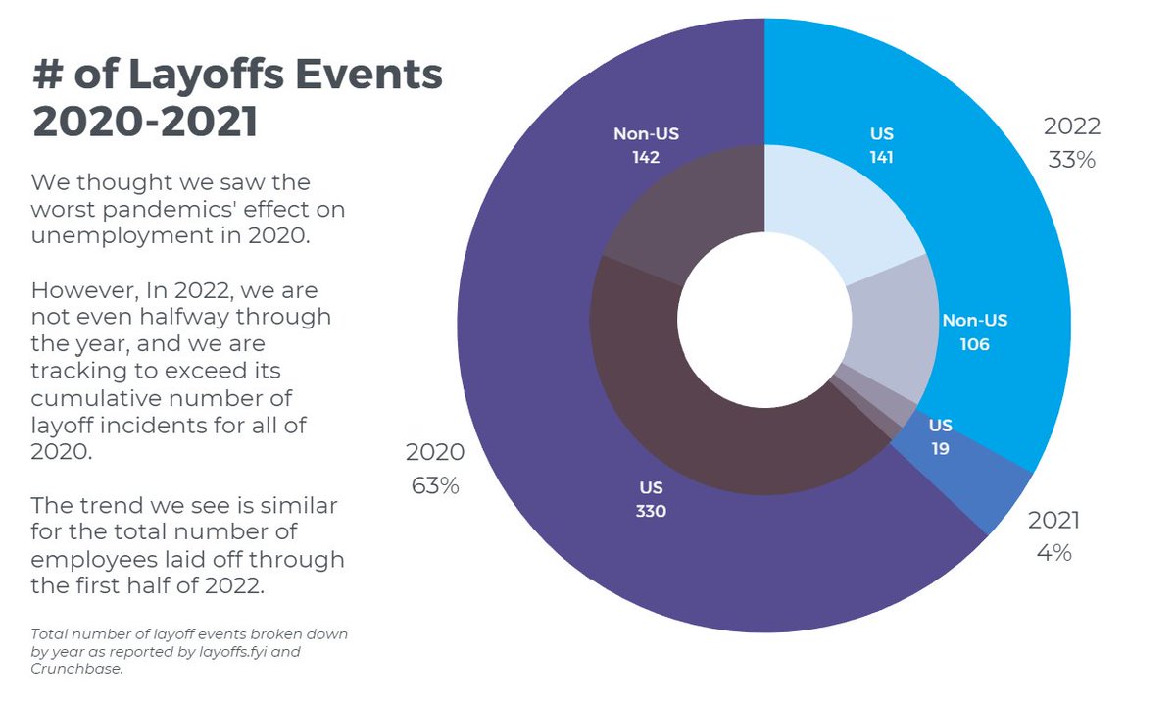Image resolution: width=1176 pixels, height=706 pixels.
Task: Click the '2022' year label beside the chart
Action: coord(1071,126)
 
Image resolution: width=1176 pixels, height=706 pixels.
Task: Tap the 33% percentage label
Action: coord(1071,160)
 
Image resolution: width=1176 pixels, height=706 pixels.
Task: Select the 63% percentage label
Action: coord(435,486)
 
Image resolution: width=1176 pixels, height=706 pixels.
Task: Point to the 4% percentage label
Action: coord(1054,553)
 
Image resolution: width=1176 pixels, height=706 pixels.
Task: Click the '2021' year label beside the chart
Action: coord(1053,520)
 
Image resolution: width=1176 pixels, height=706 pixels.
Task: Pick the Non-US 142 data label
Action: coord(646,145)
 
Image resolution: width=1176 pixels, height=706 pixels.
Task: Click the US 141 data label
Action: coord(881,145)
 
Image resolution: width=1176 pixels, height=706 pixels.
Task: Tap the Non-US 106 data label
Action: coord(975,332)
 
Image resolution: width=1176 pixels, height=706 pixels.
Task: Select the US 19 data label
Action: coord(940,436)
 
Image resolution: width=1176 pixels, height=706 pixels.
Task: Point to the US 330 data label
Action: coord(651,499)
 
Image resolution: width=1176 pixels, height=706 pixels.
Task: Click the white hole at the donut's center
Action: coord(764,320)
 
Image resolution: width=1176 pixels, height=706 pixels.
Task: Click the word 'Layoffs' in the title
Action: coord(207,75)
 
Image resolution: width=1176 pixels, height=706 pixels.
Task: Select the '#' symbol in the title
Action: coord(48,75)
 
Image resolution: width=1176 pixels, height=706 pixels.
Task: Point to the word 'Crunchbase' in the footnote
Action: coord(76,669)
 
